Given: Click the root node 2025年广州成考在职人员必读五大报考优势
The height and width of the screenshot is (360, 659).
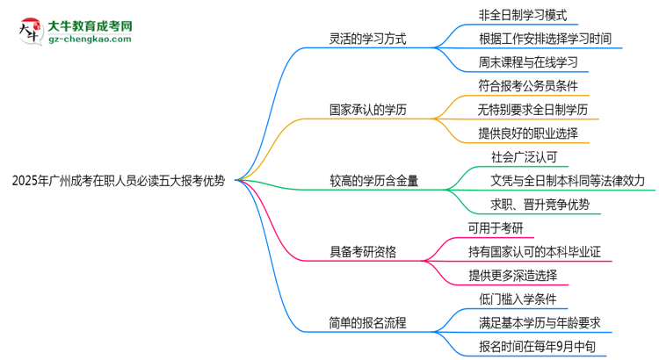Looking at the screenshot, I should coord(119,182).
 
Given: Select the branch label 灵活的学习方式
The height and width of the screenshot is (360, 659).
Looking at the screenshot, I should coord(368,39).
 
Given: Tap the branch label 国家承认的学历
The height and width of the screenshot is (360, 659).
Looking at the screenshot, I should coord(368,110).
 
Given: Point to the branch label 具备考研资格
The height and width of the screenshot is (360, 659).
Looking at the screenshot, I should coord(362,252).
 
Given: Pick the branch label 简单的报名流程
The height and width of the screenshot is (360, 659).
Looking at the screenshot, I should coord(368,323).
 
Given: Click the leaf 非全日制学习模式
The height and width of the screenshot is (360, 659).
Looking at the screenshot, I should coord(518,15).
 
